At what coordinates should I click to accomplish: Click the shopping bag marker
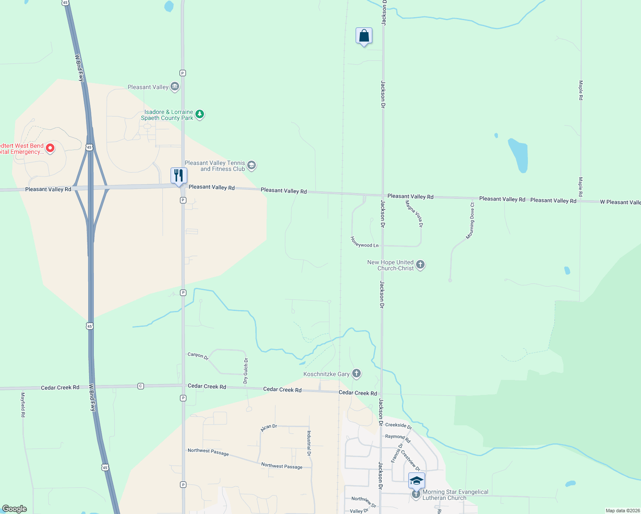364,36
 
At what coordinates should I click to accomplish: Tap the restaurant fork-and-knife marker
179,176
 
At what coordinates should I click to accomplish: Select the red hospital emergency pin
50,148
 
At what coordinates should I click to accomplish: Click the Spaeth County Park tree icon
199,114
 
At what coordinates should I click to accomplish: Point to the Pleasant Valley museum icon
174,87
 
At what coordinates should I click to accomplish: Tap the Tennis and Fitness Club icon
252,166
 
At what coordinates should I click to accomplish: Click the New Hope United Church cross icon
420,265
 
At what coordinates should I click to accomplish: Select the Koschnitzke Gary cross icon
356,374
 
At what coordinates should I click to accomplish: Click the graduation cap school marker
416,481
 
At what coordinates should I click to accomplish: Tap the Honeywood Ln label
365,242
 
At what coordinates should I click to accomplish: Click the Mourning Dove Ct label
470,221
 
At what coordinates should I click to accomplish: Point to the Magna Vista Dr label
414,213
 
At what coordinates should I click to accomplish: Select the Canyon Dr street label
198,356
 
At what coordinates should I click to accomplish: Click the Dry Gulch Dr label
246,371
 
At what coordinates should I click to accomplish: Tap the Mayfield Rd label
23,405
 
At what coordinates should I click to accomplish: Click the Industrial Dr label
309,443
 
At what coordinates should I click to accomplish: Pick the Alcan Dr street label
269,428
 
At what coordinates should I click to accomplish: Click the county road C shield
141,386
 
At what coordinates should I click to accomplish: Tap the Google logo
15,509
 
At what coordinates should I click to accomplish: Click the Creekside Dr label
398,426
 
